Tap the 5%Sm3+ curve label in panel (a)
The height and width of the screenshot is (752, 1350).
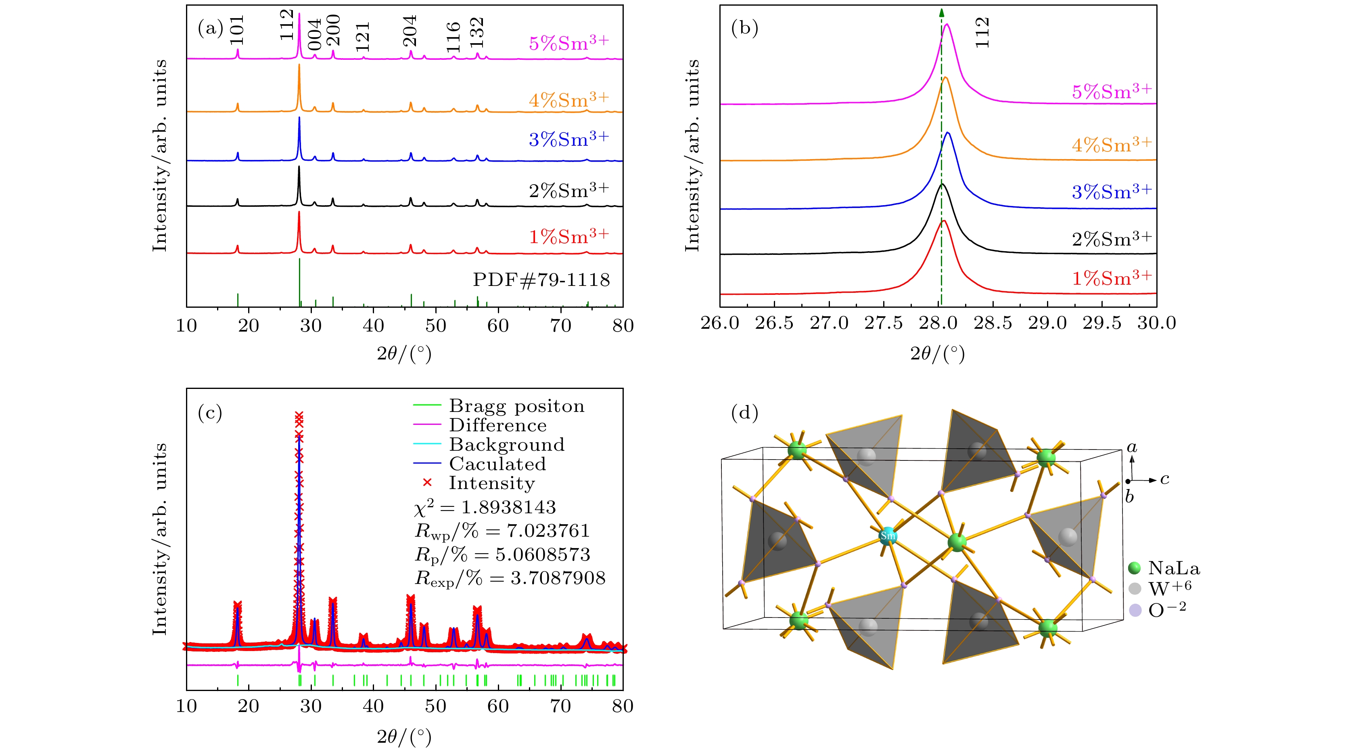tap(568, 42)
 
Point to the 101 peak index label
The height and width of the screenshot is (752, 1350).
tap(237, 30)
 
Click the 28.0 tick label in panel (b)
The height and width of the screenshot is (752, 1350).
tap(938, 323)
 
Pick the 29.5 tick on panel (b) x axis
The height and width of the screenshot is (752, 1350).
tap(1102, 323)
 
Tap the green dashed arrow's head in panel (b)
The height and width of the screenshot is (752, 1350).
tap(941, 13)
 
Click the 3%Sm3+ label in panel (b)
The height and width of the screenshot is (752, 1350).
tap(1112, 191)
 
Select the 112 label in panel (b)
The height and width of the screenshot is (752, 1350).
tap(982, 33)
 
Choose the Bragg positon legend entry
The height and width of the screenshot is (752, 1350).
tap(516, 406)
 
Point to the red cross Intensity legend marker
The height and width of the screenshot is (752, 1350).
tap(427, 483)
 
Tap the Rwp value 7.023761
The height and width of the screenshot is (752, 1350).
tap(548, 531)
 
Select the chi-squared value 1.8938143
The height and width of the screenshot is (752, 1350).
tap(508, 507)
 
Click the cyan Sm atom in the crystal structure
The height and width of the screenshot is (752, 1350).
tap(887, 536)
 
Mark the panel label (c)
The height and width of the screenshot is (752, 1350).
tap(210, 413)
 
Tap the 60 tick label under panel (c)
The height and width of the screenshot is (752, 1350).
tap(498, 706)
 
